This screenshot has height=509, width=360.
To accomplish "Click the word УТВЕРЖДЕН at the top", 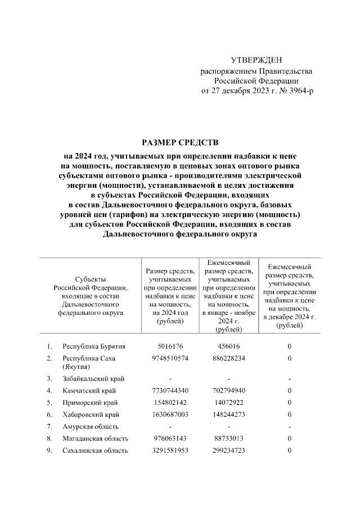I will pyautogui.click(x=256, y=60).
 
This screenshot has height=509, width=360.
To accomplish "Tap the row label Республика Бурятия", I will pyautogui.click(x=94, y=346).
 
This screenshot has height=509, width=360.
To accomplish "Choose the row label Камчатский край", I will pyautogui.click(x=90, y=390).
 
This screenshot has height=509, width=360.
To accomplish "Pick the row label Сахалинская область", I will pyautogui.click(x=95, y=450).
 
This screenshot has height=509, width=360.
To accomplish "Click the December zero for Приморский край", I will pyautogui.click(x=289, y=403).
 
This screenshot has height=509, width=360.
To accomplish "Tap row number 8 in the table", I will pyautogui.click(x=49, y=438).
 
